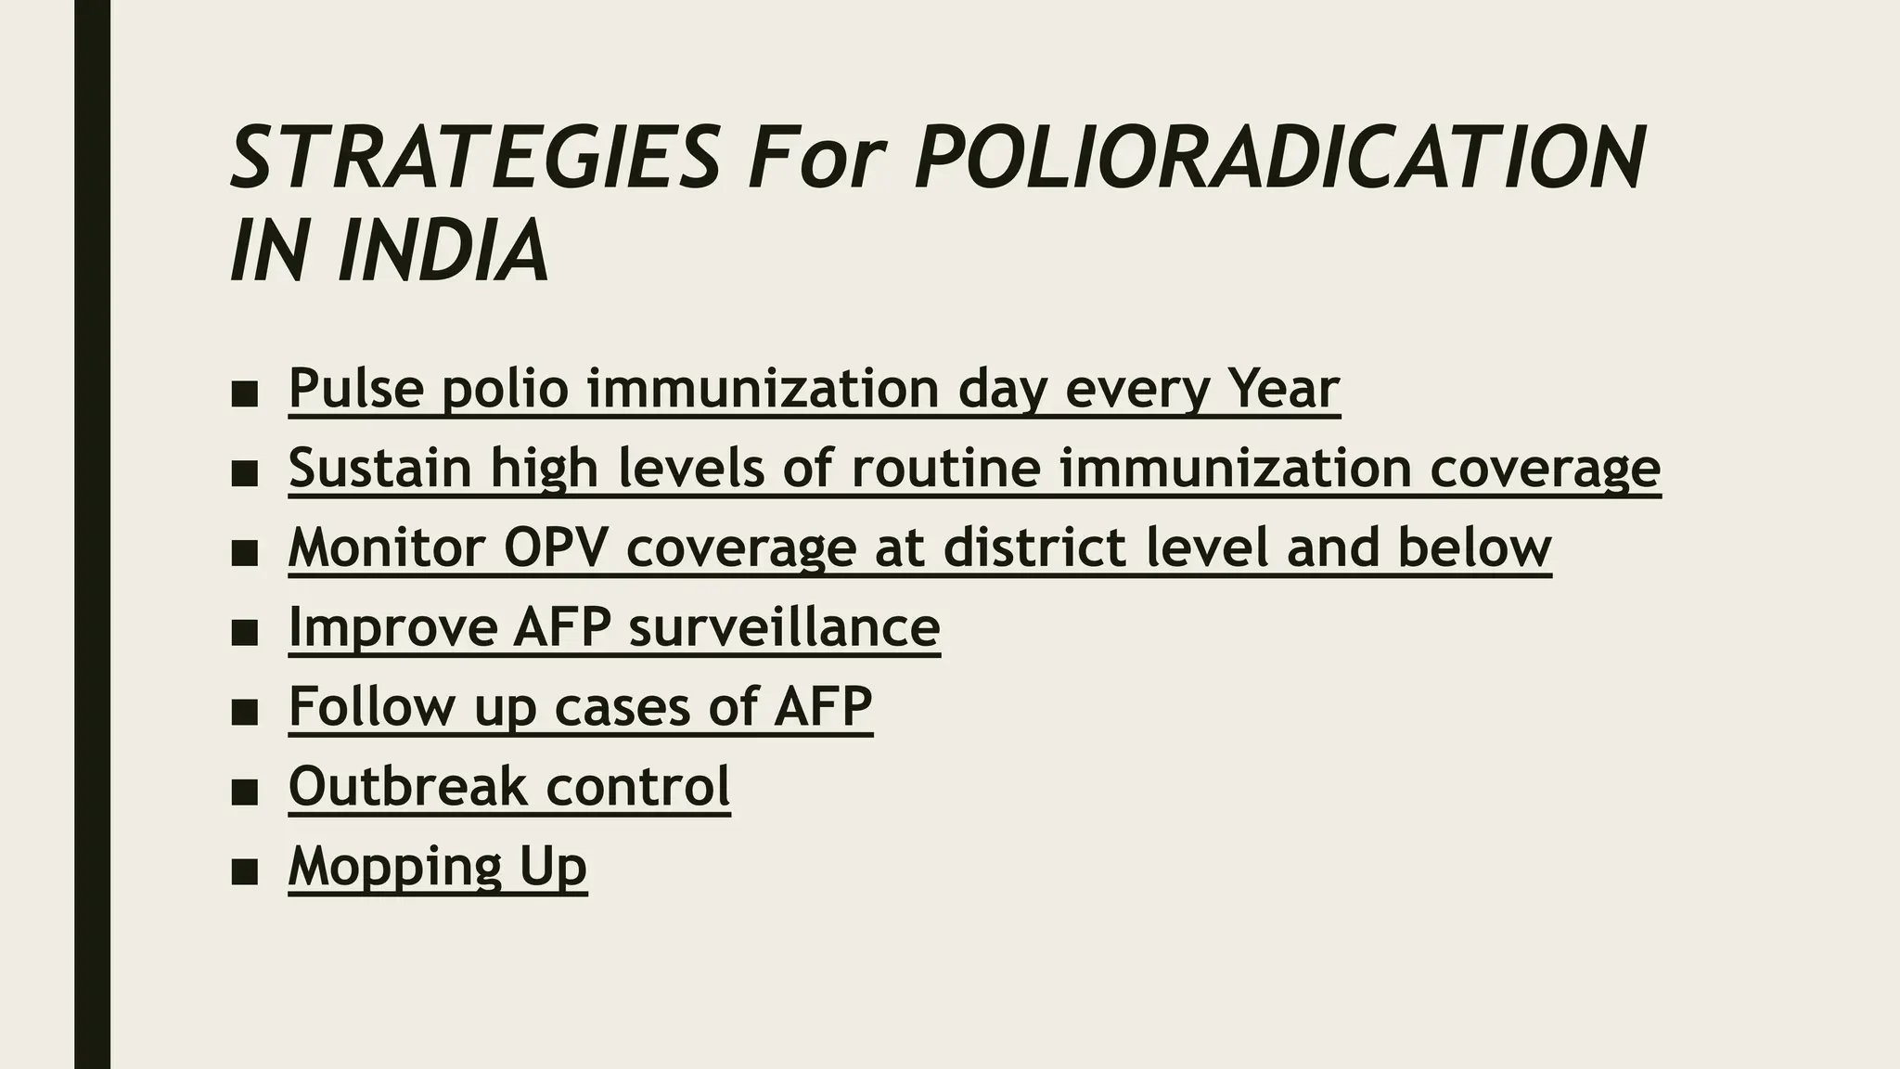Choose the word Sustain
pos(380,468)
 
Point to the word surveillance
pos(784,627)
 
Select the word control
pos(637,787)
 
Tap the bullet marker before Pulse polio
pos(244,394)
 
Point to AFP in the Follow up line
pos(822,707)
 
